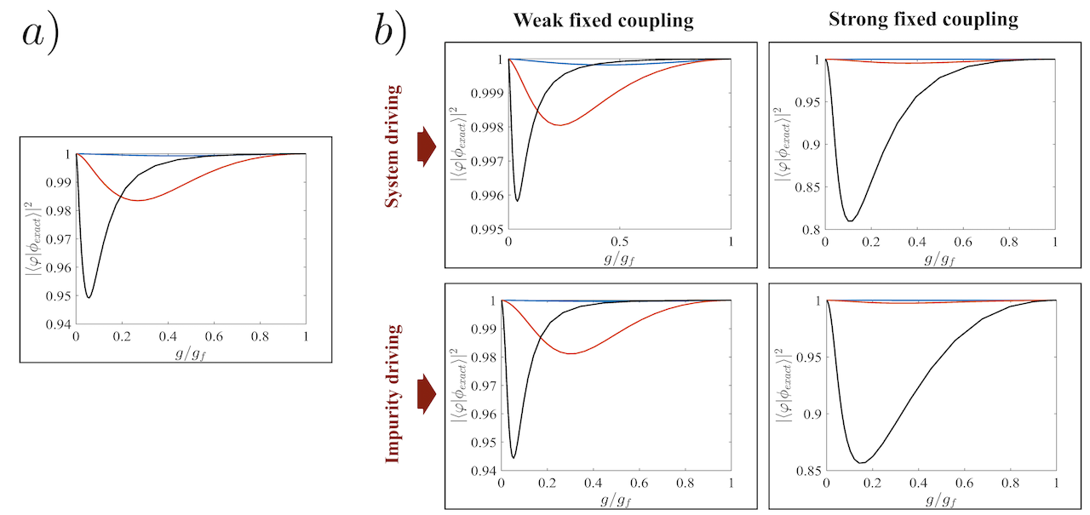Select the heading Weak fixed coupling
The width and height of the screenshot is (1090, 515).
point(603,20)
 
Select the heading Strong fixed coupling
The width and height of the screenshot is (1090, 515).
point(923,20)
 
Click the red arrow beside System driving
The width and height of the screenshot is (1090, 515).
point(425,149)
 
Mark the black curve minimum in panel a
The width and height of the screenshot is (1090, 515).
point(89,297)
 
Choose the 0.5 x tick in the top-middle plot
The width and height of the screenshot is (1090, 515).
point(620,242)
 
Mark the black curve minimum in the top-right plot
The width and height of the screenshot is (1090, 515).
point(851,221)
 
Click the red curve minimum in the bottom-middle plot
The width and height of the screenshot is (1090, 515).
point(571,353)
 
